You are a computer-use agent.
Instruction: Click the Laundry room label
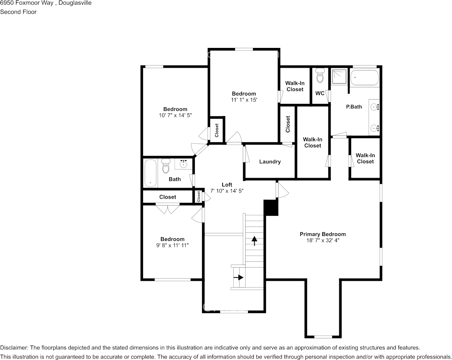coord(270,162)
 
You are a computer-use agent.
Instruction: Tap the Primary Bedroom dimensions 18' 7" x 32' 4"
coord(323,241)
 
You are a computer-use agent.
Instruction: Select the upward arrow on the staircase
coord(254,241)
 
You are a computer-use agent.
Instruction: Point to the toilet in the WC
coord(320,76)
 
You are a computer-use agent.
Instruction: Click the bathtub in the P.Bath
coord(364,78)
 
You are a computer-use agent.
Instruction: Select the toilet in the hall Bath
coord(166,166)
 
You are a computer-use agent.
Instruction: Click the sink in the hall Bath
coord(183,164)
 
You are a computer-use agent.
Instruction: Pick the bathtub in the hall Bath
coord(150,173)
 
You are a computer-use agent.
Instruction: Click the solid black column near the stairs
coord(272,208)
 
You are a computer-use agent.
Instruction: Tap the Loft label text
coord(227,185)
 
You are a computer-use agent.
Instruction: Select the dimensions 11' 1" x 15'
coord(244,100)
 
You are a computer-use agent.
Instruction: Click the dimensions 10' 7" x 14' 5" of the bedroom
coord(175,115)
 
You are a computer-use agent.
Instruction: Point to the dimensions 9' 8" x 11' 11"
coord(172,245)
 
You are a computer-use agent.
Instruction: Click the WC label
coord(320,93)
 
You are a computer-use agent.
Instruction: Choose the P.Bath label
coord(354,107)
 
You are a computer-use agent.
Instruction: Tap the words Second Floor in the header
coord(18,12)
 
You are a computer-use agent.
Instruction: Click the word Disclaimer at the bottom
coord(13,347)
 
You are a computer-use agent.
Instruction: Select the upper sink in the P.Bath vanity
coord(374,107)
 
